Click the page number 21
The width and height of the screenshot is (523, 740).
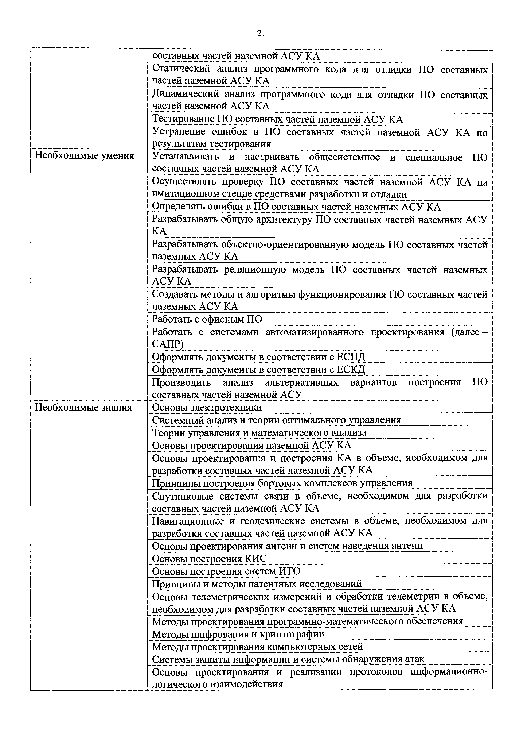tap(261, 34)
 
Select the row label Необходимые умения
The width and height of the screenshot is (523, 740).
tap(84, 156)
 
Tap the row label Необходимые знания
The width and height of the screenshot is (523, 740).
tap(83, 408)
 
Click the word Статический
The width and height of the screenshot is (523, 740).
tap(181, 69)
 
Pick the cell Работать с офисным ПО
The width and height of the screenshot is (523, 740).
tap(207, 319)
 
